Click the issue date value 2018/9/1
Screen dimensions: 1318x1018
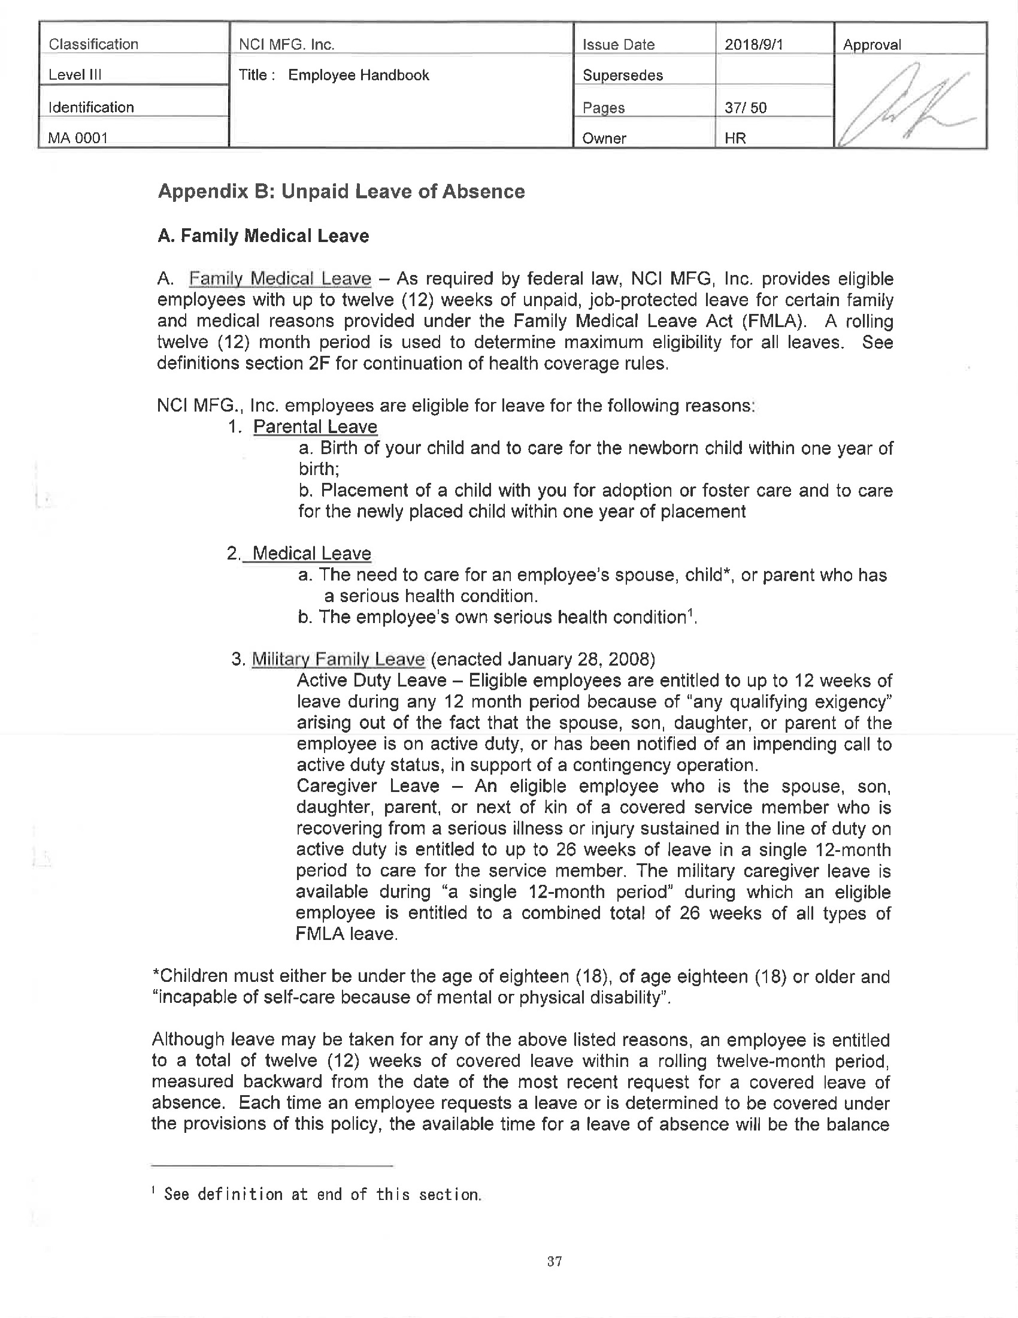(753, 44)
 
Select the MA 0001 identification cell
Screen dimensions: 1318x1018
(78, 138)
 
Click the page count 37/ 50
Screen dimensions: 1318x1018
(746, 108)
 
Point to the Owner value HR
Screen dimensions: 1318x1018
(735, 138)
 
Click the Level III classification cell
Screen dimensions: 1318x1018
(75, 75)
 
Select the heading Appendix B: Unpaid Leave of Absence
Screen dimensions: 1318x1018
(341, 191)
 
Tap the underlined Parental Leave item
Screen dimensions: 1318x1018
(315, 427)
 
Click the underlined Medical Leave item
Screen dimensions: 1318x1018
(311, 554)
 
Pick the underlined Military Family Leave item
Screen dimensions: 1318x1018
(338, 659)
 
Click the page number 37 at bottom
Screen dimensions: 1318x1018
(555, 1260)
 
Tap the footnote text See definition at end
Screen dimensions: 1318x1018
(322, 1193)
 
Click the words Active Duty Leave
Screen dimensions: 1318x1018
(371, 681)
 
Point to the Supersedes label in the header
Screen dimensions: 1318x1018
(622, 75)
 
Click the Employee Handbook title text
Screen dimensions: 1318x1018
(358, 75)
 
